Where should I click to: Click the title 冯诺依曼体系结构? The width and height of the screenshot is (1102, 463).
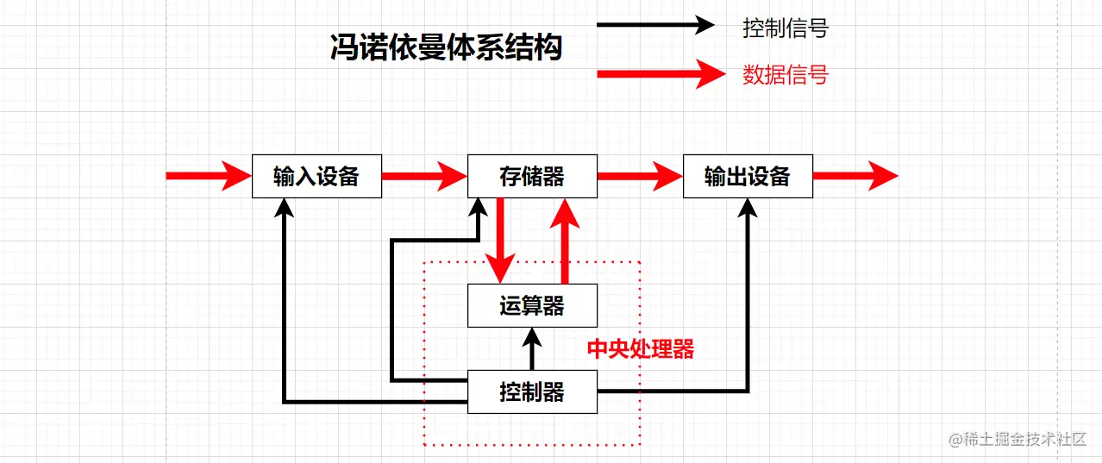pyautogui.click(x=446, y=48)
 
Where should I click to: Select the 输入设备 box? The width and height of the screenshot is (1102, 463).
pyautogui.click(x=316, y=177)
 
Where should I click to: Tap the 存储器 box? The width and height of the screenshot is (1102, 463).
pyautogui.click(x=532, y=177)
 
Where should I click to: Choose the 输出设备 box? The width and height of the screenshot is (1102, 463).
pyautogui.click(x=748, y=177)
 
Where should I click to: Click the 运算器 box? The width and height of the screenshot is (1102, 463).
pyautogui.click(x=532, y=306)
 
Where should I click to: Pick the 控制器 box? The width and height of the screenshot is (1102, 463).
pyautogui.click(x=532, y=392)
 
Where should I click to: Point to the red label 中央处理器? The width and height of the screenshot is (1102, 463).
pyautogui.click(x=641, y=349)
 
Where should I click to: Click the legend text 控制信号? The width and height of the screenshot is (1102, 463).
pyautogui.click(x=786, y=28)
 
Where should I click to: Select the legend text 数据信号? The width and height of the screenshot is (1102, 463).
pyautogui.click(x=786, y=75)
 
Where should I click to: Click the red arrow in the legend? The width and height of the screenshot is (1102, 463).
pyautogui.click(x=661, y=74)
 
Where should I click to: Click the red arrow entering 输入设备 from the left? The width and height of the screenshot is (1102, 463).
pyautogui.click(x=208, y=177)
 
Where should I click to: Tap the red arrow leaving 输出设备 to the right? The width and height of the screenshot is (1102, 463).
pyautogui.click(x=855, y=177)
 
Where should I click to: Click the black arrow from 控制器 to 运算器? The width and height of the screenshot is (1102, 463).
pyautogui.click(x=532, y=349)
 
